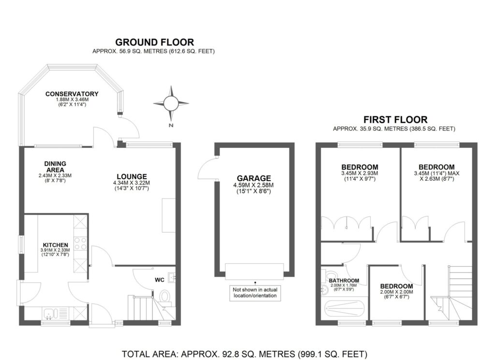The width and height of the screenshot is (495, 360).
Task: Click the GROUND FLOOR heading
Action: click(x=154, y=42)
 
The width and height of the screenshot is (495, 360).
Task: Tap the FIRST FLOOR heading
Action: click(x=395, y=120)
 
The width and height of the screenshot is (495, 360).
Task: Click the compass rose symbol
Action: click(x=171, y=103)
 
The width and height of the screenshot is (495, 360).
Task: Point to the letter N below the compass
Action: click(x=171, y=125)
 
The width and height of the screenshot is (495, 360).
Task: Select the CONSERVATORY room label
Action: click(x=72, y=94)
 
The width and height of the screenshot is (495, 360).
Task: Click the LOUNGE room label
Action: click(x=131, y=177)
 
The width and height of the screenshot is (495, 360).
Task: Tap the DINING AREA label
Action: click(x=55, y=167)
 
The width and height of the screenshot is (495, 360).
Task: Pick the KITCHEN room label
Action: click(x=55, y=245)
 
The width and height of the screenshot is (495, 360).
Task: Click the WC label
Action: click(x=160, y=280)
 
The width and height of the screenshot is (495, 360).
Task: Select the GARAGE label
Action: click(x=254, y=179)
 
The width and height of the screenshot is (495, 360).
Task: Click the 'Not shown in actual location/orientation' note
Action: click(x=255, y=293)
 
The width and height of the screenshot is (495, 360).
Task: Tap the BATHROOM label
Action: click(x=344, y=280)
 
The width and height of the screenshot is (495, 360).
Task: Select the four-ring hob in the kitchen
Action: click(x=80, y=244)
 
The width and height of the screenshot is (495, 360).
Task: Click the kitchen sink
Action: click(x=50, y=314)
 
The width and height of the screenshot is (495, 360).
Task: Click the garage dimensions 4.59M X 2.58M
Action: click(x=253, y=185)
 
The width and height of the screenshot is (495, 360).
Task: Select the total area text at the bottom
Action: click(x=244, y=354)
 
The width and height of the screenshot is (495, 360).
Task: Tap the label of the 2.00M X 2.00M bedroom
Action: click(x=396, y=287)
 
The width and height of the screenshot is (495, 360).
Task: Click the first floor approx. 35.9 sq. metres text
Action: click(x=394, y=129)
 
